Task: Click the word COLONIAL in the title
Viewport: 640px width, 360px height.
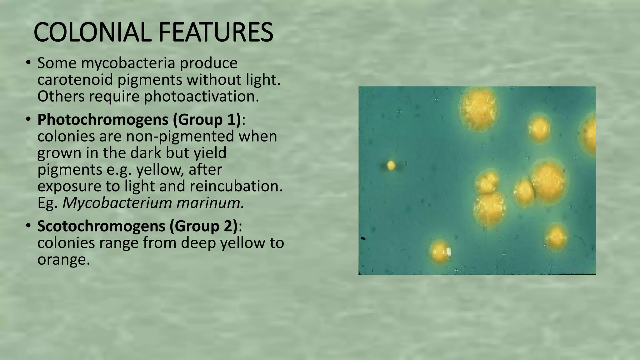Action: (94, 32)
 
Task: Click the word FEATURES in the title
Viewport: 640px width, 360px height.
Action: (216, 32)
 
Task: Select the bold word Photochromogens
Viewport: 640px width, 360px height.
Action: (102, 120)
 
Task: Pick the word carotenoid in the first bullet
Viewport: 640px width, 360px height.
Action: (75, 80)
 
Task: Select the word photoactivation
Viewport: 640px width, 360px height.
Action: (201, 97)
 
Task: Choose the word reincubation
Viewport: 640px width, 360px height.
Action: (236, 186)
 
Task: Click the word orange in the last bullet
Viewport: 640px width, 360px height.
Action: (63, 260)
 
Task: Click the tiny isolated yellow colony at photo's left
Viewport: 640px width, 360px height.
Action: (391, 165)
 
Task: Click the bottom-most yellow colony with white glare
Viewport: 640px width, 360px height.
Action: (440, 252)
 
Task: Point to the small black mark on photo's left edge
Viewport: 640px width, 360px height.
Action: (363, 239)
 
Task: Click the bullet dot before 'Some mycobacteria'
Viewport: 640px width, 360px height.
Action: (28, 63)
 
